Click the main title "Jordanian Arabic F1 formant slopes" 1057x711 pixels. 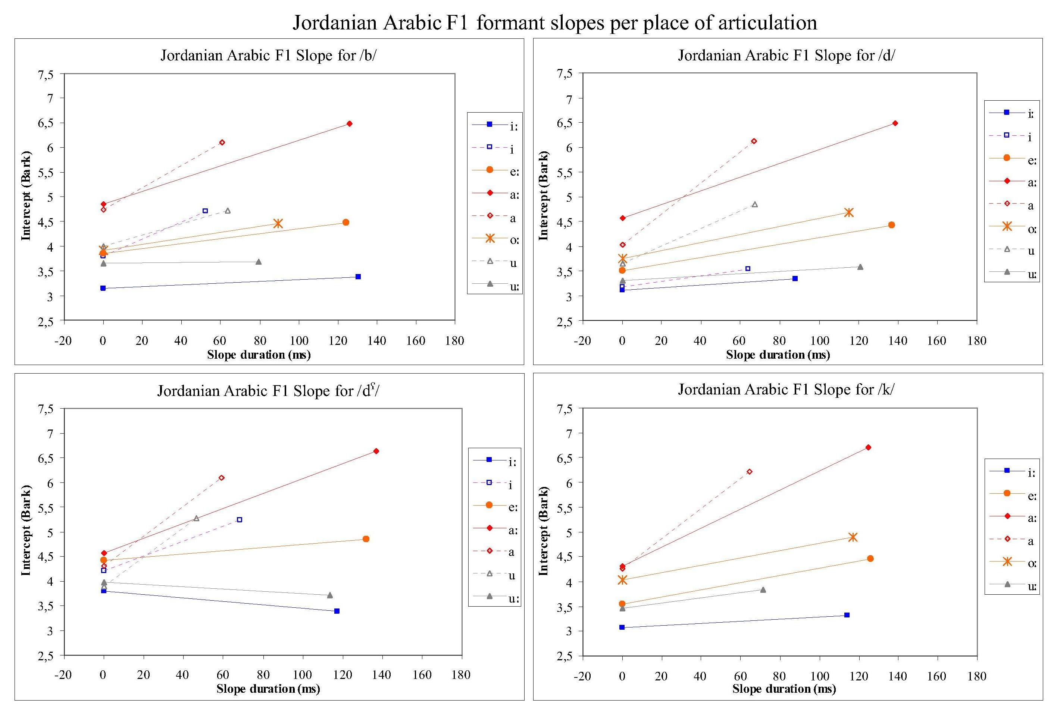click(x=554, y=23)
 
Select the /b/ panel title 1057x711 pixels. click(x=269, y=55)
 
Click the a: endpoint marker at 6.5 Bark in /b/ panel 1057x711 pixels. click(x=349, y=123)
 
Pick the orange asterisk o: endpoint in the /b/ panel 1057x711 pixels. click(x=278, y=223)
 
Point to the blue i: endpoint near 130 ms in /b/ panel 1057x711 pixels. click(x=358, y=277)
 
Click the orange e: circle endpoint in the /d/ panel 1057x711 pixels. click(x=891, y=225)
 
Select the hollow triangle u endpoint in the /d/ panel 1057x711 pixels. click(x=755, y=205)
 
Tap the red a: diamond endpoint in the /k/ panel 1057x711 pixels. click(x=868, y=447)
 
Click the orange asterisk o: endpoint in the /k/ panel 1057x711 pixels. click(x=853, y=537)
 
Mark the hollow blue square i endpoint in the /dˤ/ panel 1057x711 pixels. click(x=240, y=520)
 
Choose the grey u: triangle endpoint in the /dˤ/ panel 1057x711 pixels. click(x=330, y=595)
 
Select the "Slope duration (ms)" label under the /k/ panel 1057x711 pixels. click(x=784, y=689)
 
